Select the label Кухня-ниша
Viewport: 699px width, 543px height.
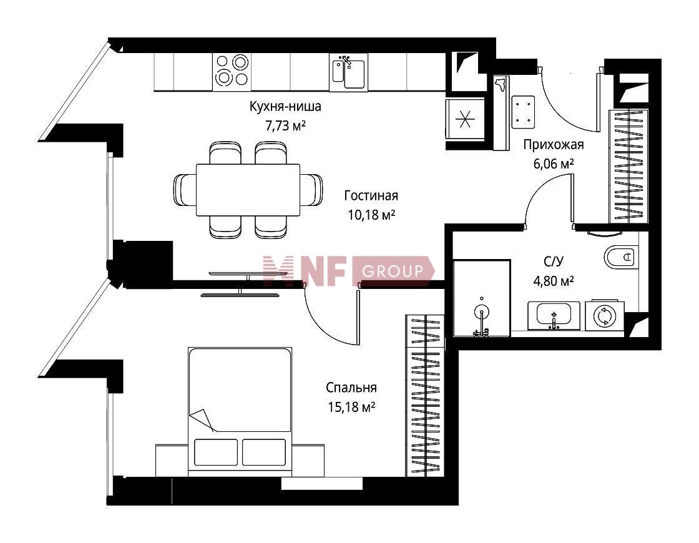285,107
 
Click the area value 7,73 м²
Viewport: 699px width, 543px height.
285,126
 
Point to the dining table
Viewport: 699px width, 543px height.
248,190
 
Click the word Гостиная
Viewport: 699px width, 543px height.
371,196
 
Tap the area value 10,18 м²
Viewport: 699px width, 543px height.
371,215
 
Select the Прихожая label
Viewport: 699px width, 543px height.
553,145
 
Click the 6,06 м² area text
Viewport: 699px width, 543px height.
553,164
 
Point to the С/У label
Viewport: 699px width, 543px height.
553,262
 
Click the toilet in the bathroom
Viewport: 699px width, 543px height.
621,257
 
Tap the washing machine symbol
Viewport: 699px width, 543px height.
605,316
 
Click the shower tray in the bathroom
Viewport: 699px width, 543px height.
482,298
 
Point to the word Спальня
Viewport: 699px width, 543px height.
351,388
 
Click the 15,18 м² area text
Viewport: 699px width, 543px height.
351,407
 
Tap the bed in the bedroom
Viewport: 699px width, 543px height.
240,412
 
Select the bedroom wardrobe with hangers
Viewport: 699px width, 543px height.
425,396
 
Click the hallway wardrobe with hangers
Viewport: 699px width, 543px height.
628,166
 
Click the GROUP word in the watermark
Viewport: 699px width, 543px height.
393,271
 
